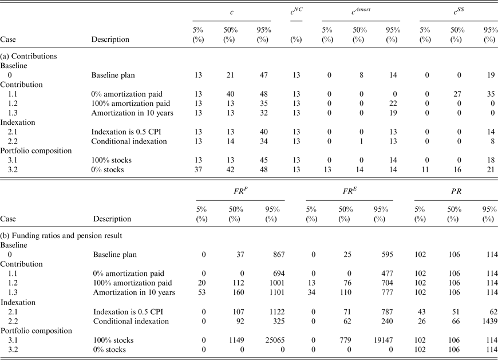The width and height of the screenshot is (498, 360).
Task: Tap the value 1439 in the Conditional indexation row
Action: pos(487,322)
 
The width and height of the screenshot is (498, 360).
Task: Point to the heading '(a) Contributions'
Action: pos(30,57)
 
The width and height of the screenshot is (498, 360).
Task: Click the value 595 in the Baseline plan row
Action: pos(386,255)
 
